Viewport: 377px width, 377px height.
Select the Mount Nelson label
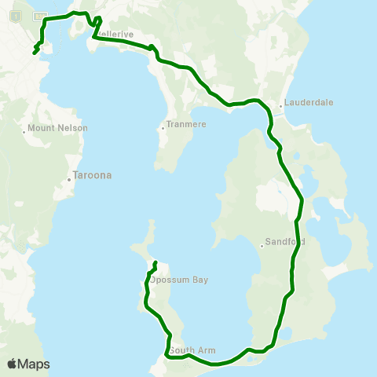[x=58, y=128]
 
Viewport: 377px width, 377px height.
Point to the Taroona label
[x=89, y=176]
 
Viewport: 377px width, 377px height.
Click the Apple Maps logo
[x=28, y=364]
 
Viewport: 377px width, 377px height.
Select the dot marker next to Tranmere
[x=163, y=128]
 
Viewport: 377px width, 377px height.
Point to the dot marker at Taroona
[x=70, y=178]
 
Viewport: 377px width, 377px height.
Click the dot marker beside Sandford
[x=262, y=244]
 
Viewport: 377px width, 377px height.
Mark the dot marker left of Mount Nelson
[x=24, y=130]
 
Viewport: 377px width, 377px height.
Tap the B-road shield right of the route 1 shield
[x=39, y=16]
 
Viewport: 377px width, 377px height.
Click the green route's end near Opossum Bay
[x=156, y=262]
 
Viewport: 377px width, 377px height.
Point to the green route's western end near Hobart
[x=35, y=53]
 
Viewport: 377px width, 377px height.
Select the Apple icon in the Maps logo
[x=12, y=364]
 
